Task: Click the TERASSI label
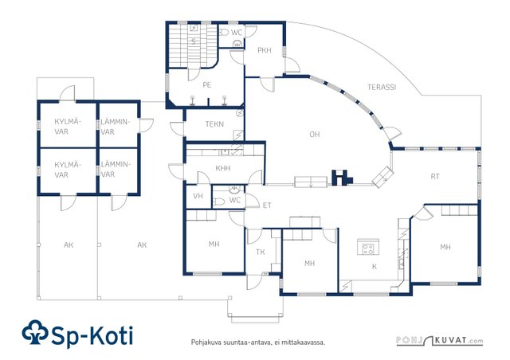click(382, 87)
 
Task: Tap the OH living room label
click(315, 135)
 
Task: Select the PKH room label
click(265, 50)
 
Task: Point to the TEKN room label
click(214, 124)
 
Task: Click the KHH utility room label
click(223, 168)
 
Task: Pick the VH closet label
click(198, 196)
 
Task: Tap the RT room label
click(435, 177)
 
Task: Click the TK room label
click(261, 252)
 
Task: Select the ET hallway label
click(267, 205)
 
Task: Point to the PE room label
click(207, 85)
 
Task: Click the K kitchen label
click(375, 267)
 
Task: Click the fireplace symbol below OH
click(342, 178)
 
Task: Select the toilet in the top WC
click(224, 32)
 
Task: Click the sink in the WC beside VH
click(234, 189)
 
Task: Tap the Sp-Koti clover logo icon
click(35, 332)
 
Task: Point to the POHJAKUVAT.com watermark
click(440, 341)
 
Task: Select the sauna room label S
click(194, 42)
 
